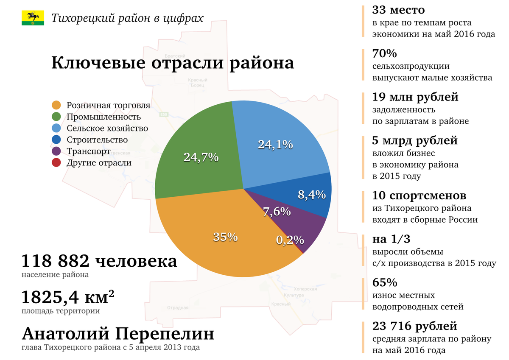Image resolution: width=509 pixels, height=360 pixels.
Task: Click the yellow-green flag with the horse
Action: click(33, 18)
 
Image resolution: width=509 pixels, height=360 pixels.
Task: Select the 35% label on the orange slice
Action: click(225, 237)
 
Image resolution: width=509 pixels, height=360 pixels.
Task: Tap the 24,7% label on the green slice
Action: click(201, 157)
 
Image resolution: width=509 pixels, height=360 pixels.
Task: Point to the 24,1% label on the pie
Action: click(275, 145)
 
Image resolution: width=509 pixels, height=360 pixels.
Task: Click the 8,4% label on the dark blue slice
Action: click(311, 195)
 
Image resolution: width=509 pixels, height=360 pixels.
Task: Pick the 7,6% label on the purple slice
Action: click(277, 212)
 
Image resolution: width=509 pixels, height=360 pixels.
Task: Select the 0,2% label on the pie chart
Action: click(290, 240)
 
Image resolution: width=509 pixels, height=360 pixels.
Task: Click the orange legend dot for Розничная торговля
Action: click(56, 105)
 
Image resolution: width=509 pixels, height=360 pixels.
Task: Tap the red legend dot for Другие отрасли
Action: click(56, 163)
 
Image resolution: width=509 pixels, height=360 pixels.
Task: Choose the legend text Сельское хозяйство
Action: click(107, 128)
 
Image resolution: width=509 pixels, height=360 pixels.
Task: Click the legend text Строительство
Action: click(97, 140)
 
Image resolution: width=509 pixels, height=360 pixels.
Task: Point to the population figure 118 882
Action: click(55, 261)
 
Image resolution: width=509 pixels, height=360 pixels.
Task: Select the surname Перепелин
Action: click(165, 334)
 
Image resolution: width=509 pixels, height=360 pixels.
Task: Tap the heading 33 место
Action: click(398, 10)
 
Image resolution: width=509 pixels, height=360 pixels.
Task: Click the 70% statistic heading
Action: click(384, 53)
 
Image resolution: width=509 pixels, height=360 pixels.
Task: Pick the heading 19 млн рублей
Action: click(415, 97)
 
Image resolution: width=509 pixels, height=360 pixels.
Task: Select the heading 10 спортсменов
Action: click(419, 195)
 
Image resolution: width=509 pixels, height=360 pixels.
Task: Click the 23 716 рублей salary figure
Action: click(414, 326)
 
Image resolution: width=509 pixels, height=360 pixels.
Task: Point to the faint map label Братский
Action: click(175, 56)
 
